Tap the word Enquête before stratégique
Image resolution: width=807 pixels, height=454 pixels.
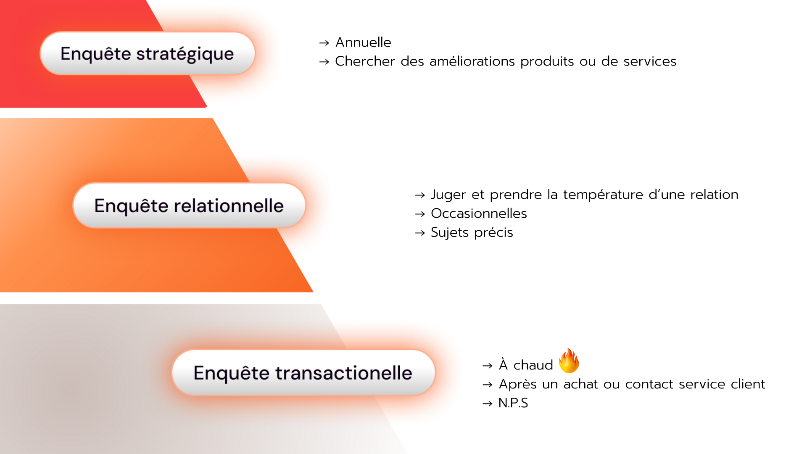pos(95,54)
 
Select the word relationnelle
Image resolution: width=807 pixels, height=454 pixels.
pos(229,206)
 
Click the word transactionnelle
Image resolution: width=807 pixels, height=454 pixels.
pos(343,373)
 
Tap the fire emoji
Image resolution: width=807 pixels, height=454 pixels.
pos(569,361)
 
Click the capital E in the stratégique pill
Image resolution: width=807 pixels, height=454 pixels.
pos(65,54)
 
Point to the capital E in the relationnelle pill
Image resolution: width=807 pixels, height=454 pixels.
pos(99,206)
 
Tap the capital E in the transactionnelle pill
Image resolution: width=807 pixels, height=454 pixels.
pos(198,373)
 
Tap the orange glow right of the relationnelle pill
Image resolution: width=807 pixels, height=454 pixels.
pos(318,206)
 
